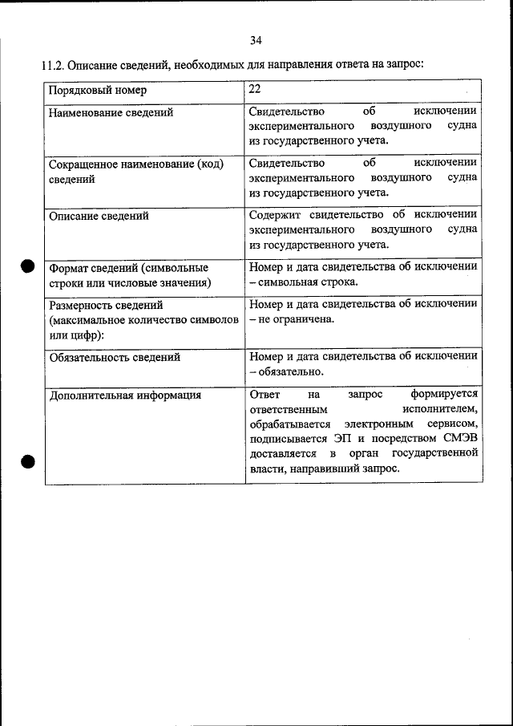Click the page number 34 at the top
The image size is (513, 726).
256,40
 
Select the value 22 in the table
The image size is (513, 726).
256,90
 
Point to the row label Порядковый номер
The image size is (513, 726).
98,91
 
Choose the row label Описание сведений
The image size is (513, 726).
99,216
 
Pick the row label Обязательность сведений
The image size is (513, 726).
115,357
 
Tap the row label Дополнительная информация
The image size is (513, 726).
125,395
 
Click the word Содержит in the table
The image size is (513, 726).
275,215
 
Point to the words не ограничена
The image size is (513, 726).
297,319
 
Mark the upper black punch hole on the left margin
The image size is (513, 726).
27,267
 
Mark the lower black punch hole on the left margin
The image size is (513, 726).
27,461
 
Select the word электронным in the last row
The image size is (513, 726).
374,424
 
